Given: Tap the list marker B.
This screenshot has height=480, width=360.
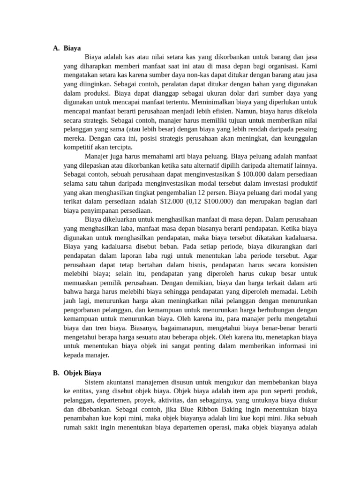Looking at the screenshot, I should click(56, 373).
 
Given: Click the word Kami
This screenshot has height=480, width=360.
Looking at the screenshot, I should click(310, 66).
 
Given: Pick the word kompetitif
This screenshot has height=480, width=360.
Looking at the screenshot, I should click(80, 147).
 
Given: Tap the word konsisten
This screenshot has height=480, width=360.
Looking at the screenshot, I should click(302, 264).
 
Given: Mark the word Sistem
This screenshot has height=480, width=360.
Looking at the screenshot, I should click(95, 382).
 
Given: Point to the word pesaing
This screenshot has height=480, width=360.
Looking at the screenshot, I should click(305, 128).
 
